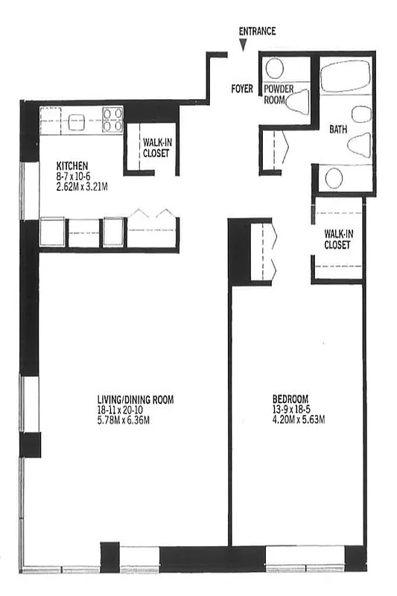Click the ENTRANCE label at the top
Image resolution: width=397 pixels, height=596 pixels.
(257, 31)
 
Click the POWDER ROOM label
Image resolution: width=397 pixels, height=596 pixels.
(278, 94)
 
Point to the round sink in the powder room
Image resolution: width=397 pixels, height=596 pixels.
(275, 69)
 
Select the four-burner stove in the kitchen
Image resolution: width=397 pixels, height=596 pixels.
(113, 120)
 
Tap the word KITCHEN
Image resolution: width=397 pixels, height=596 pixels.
(73, 165)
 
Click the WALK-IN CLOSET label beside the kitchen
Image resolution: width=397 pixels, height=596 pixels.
(156, 148)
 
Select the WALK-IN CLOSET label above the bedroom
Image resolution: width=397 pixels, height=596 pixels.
(337, 238)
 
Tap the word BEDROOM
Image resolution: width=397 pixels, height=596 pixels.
(290, 399)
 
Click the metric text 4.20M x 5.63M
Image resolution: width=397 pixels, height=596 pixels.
(298, 419)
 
